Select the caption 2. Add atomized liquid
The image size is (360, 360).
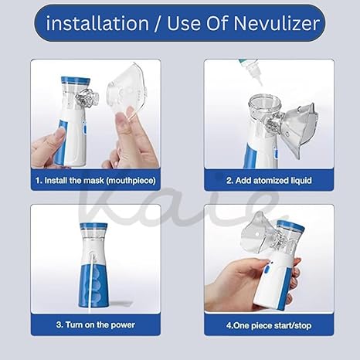point(269,180)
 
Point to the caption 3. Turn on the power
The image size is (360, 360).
point(95,324)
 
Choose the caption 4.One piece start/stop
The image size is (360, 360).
point(269,324)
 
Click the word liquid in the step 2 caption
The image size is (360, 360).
point(297,180)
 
